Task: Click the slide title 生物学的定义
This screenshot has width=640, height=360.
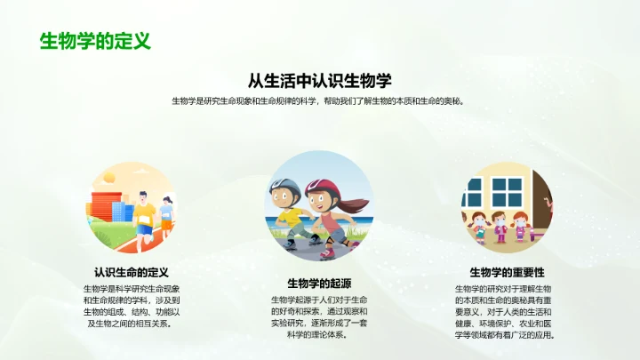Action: coord(95,41)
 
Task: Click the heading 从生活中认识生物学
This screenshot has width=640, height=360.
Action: coord(320,80)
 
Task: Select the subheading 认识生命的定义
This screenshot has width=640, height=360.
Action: coord(131,272)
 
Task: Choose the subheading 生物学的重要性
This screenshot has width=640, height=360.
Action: coord(507,272)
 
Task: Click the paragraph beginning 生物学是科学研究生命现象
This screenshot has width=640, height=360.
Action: coord(131,306)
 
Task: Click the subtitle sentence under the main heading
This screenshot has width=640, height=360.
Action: coord(318,101)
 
